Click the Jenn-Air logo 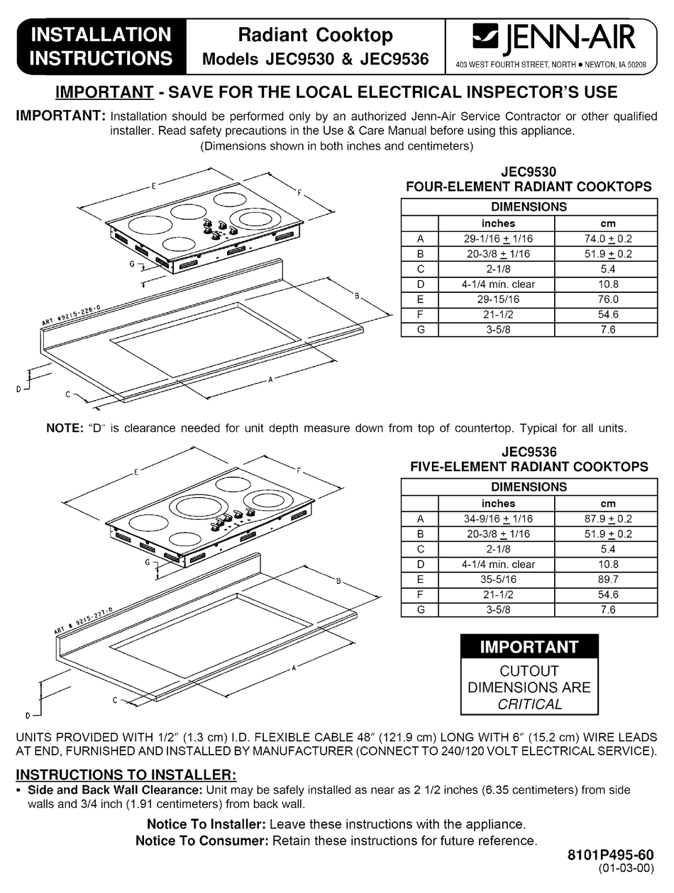(554, 36)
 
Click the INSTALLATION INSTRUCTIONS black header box (101, 45)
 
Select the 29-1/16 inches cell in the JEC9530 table (498, 239)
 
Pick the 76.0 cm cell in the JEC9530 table (607, 299)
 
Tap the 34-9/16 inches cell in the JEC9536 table (498, 519)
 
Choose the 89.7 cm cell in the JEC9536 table (607, 579)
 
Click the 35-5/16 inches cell (498, 579)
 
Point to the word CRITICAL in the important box (529, 704)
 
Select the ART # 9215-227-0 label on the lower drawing (82, 621)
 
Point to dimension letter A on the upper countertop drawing (270, 380)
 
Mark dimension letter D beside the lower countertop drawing (27, 715)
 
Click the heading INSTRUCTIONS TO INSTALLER (126, 774)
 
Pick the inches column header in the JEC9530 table (498, 223)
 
